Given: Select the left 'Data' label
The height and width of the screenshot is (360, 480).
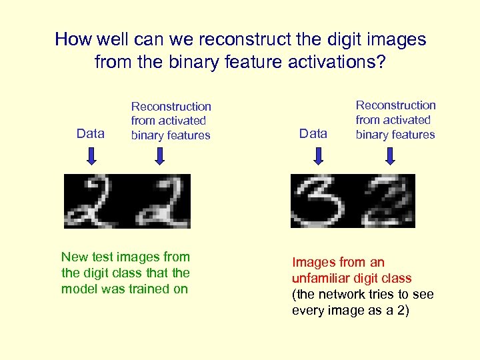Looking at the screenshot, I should pyautogui.click(x=91, y=133).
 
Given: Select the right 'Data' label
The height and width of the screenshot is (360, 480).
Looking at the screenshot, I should pyautogui.click(x=313, y=133).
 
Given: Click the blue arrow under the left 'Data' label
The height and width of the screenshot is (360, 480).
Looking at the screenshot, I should pyautogui.click(x=92, y=156).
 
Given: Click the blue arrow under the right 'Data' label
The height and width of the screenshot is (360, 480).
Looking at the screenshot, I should pyautogui.click(x=318, y=156).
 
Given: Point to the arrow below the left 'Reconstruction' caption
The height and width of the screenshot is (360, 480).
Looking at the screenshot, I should pyautogui.click(x=159, y=156).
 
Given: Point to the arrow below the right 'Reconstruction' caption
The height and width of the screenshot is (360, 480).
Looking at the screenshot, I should pyautogui.click(x=391, y=156).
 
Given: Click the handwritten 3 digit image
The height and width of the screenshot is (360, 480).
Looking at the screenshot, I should pyautogui.click(x=319, y=201).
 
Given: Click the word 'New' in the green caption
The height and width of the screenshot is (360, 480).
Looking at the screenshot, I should pyautogui.click(x=74, y=257).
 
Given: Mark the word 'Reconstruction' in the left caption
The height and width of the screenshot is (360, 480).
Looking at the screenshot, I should pyautogui.click(x=171, y=107).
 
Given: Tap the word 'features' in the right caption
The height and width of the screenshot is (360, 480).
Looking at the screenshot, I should pyautogui.click(x=409, y=135).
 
